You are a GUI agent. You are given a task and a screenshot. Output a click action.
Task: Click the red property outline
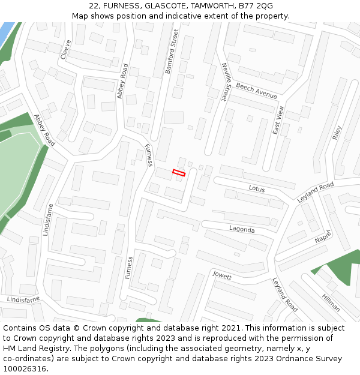point(179,173)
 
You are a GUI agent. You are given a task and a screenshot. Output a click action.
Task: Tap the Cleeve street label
point(65,49)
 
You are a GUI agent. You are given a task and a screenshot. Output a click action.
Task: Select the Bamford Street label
point(172,52)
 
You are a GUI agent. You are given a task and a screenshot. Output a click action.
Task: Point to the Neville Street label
point(225,82)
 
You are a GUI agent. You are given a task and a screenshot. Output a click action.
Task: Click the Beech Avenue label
point(256,91)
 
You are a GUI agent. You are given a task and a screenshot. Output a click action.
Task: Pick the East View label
point(278,120)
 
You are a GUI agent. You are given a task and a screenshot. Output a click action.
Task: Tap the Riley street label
point(337,133)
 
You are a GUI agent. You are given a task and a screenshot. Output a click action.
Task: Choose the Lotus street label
point(257,188)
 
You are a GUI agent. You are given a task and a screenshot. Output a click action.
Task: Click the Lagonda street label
point(242,229)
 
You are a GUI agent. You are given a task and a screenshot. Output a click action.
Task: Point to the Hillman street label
point(331,303)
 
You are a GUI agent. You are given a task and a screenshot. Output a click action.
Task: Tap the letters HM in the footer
point(10,338)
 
